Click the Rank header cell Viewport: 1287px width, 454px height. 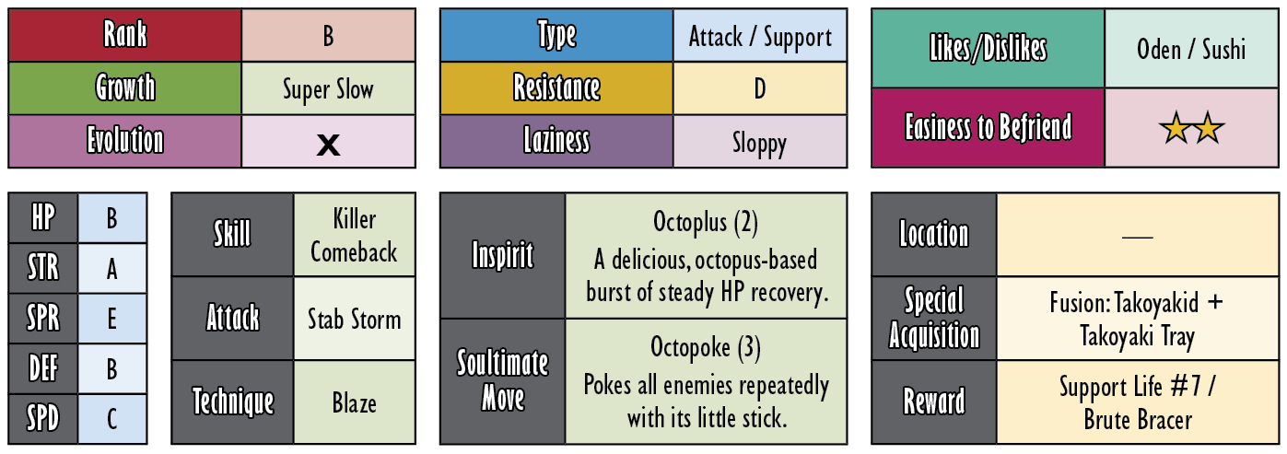pos(124,35)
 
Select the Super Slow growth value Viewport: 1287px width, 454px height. pos(328,89)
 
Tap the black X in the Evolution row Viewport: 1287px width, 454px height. pos(328,145)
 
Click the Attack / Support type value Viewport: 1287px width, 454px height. pos(759,38)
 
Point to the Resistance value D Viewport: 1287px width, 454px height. pos(759,89)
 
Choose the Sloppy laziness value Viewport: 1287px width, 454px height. pos(759,143)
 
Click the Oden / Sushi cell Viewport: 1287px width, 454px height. pos(1191,48)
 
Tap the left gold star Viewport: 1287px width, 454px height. pos(1176,128)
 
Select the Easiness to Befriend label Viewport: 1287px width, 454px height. pos(989,127)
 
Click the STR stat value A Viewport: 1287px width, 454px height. pos(112,269)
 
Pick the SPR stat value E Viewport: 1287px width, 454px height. pos(112,319)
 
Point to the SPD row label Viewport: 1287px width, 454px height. pos(43,418)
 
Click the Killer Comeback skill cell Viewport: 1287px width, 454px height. pos(355,235)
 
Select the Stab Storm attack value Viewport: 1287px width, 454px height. pos(354,319)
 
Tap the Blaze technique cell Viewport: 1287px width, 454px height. pos(355,402)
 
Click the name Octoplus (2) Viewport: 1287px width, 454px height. pos(706,223)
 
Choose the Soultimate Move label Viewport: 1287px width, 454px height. pos(502,380)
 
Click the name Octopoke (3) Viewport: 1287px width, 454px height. pos(706,348)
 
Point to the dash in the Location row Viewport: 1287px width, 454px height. pos(1137,236)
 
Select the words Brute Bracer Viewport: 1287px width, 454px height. pos(1138,420)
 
